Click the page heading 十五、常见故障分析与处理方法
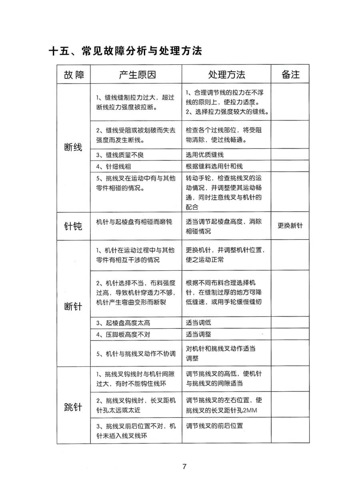click(125, 51)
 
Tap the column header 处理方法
click(226, 75)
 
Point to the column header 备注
click(290, 75)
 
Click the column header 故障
click(74, 75)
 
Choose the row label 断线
click(73, 147)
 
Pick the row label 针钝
click(73, 226)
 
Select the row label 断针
click(73, 306)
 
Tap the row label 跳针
click(73, 407)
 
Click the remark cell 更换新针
click(290, 226)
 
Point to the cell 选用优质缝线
click(205, 155)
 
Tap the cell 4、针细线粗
click(114, 166)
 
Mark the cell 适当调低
click(198, 323)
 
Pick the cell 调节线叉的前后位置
click(214, 426)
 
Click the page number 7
click(184, 466)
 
